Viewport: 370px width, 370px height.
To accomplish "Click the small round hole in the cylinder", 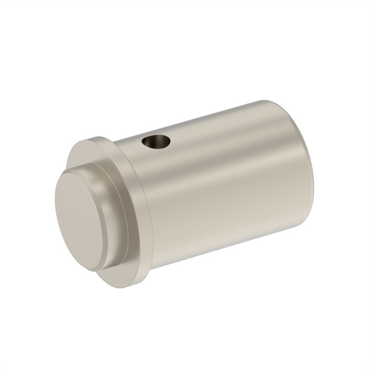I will [156, 143].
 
